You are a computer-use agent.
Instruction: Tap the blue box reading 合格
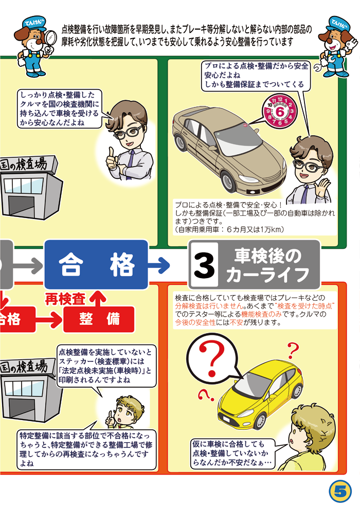[96, 265]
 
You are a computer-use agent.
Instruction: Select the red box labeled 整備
[99, 319]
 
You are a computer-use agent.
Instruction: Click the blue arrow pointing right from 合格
[159, 265]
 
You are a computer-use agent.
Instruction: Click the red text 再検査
[65, 299]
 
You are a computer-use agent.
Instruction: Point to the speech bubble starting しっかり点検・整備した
[60, 109]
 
